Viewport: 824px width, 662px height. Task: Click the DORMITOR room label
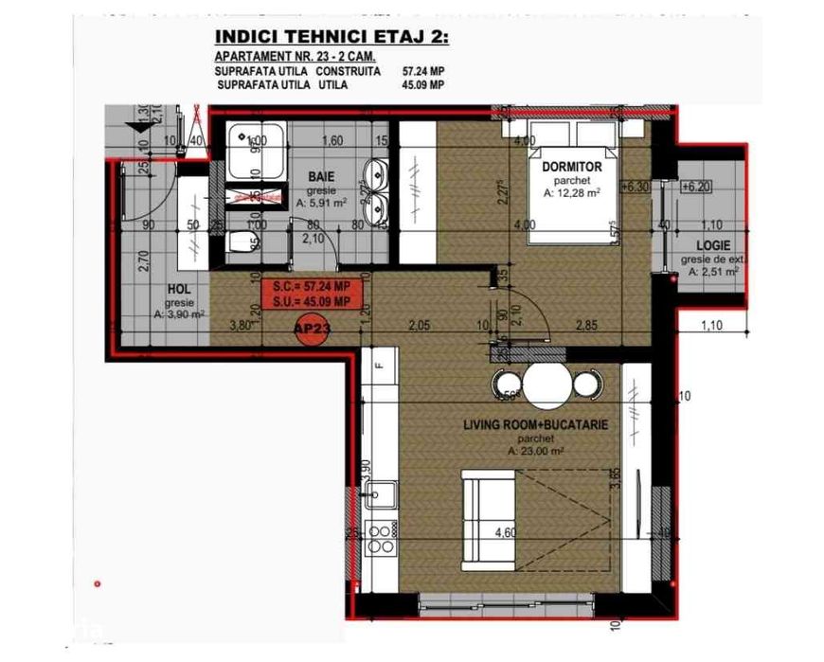pyautogui.click(x=566, y=167)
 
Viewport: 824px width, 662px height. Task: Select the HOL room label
pyautogui.click(x=180, y=291)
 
